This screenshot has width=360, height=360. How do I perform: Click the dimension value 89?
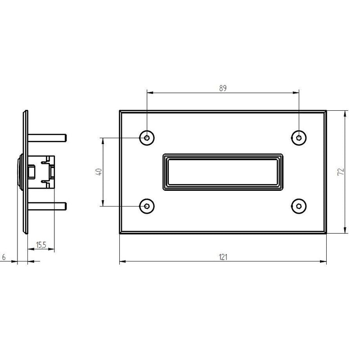[223, 88]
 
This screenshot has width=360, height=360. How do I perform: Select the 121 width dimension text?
[223, 257]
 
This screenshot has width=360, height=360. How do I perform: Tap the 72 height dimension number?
[341, 172]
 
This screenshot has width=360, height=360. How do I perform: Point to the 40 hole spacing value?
[99, 172]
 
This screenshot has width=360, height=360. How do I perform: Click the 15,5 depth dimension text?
[41, 245]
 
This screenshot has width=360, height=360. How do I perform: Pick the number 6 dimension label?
[4, 257]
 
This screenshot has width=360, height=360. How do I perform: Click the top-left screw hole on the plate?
[147, 138]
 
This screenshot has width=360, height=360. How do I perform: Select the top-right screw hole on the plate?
[299, 138]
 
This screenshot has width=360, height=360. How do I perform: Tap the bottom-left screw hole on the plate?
[147, 206]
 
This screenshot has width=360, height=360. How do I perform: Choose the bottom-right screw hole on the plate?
[299, 206]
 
